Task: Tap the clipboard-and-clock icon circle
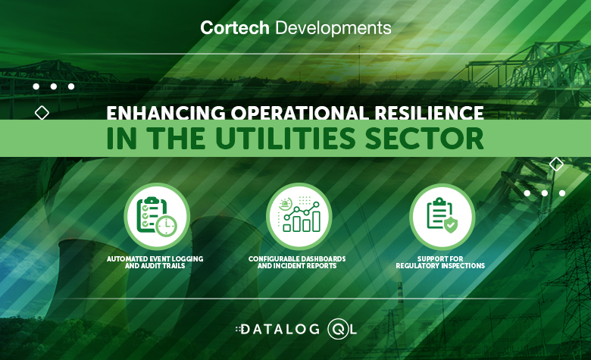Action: point(156,215)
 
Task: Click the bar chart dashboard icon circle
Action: point(300,215)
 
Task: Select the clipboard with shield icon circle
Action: point(442,215)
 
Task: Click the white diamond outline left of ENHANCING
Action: point(42,113)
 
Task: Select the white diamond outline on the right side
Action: point(556,164)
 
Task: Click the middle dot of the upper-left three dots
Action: point(54,86)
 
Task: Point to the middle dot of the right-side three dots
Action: point(545,193)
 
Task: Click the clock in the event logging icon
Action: point(166,225)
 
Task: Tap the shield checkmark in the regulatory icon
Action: point(451,224)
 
